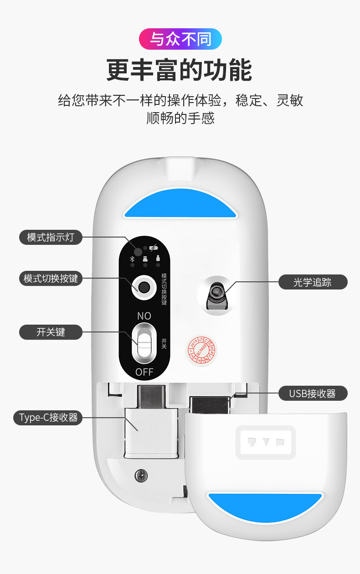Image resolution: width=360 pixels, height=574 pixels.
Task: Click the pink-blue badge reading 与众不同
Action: [180, 39]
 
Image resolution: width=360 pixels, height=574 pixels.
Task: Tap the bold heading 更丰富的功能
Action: [180, 70]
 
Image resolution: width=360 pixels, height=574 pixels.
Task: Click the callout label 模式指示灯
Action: [51, 237]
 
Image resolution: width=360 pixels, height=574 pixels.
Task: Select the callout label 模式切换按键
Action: [51, 279]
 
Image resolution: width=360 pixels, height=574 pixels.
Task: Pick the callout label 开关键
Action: [51, 332]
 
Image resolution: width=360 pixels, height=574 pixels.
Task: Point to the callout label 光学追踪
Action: [313, 282]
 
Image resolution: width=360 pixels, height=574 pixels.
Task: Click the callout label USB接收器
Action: [313, 393]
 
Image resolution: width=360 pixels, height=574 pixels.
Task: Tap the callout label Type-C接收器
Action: [48, 417]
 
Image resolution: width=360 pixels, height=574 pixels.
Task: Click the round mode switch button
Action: [144, 287]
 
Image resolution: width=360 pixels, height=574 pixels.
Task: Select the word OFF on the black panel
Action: [144, 372]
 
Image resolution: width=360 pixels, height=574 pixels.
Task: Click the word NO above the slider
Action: [144, 315]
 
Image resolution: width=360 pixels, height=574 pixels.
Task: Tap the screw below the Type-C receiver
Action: [141, 476]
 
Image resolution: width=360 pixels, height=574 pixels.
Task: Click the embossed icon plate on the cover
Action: [265, 442]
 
